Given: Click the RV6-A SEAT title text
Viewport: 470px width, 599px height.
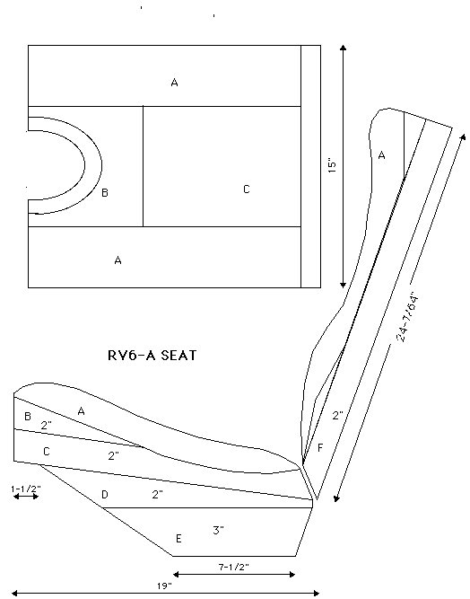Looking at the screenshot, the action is click(152, 356).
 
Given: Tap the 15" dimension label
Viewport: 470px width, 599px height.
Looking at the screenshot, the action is click(332, 165).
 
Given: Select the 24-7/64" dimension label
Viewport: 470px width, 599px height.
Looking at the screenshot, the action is click(407, 318).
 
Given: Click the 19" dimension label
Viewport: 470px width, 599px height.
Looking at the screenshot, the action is click(164, 586).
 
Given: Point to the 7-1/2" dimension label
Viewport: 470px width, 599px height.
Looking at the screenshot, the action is click(233, 567).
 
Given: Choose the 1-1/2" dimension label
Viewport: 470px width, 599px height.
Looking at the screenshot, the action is click(26, 489).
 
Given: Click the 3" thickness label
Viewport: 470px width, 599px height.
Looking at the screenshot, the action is click(218, 530).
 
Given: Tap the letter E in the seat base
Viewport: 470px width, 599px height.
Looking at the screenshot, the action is click(178, 539).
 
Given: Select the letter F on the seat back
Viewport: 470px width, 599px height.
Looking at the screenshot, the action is click(320, 447).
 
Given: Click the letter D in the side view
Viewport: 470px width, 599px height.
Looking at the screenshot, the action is click(105, 494).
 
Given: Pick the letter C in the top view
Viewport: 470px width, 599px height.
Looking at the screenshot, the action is click(247, 189).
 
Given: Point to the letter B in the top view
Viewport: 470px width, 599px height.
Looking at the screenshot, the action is click(105, 192).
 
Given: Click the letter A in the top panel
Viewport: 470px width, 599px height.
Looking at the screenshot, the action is click(174, 82).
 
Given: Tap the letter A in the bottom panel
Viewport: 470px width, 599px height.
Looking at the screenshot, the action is click(117, 260).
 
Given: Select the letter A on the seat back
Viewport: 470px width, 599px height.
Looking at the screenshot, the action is click(381, 155).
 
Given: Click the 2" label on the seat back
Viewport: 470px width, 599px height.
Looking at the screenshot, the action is click(337, 416).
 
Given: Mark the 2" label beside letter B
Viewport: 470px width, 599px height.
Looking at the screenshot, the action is click(46, 425).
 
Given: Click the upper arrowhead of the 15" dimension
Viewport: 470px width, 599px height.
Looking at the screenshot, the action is click(343, 48).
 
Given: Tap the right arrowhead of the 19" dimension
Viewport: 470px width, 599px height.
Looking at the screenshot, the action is click(317, 593).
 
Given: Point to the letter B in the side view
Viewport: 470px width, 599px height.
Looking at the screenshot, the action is click(28, 416).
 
